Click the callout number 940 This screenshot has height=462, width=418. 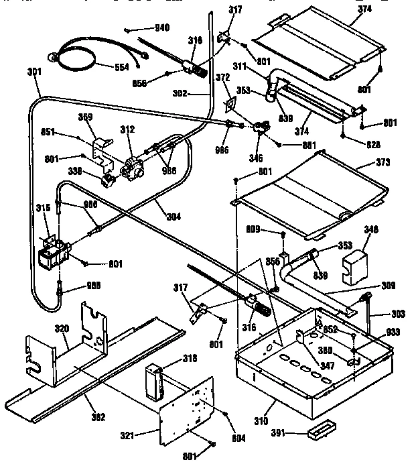point(162,27)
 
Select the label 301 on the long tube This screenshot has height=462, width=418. point(35,72)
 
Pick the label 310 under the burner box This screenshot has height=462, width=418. point(261,421)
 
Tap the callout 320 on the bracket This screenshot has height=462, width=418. point(62,329)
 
